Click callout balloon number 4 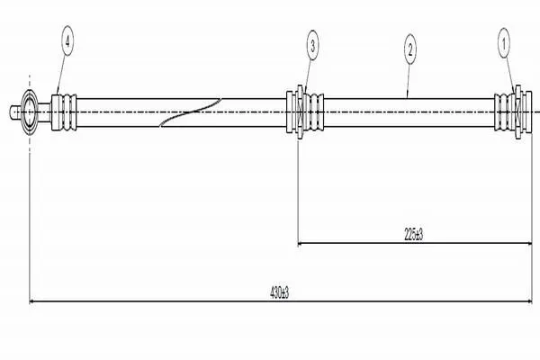[x=67, y=41]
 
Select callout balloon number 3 [x=312, y=45]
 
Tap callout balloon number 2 [x=409, y=49]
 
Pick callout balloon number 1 [x=504, y=43]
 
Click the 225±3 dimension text [x=413, y=235]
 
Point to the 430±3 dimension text [x=279, y=292]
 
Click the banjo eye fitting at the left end [x=30, y=112]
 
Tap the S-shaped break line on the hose [x=190, y=112]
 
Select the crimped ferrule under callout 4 [x=64, y=112]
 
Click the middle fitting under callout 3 [x=305, y=112]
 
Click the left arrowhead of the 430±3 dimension [x=32, y=301]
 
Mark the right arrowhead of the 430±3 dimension [x=529, y=301]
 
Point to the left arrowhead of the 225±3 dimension [x=301, y=243]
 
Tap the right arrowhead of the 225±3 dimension [x=529, y=243]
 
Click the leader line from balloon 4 [x=61, y=75]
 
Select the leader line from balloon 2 [x=408, y=81]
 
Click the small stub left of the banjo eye [x=15, y=112]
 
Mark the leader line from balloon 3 [x=308, y=76]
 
